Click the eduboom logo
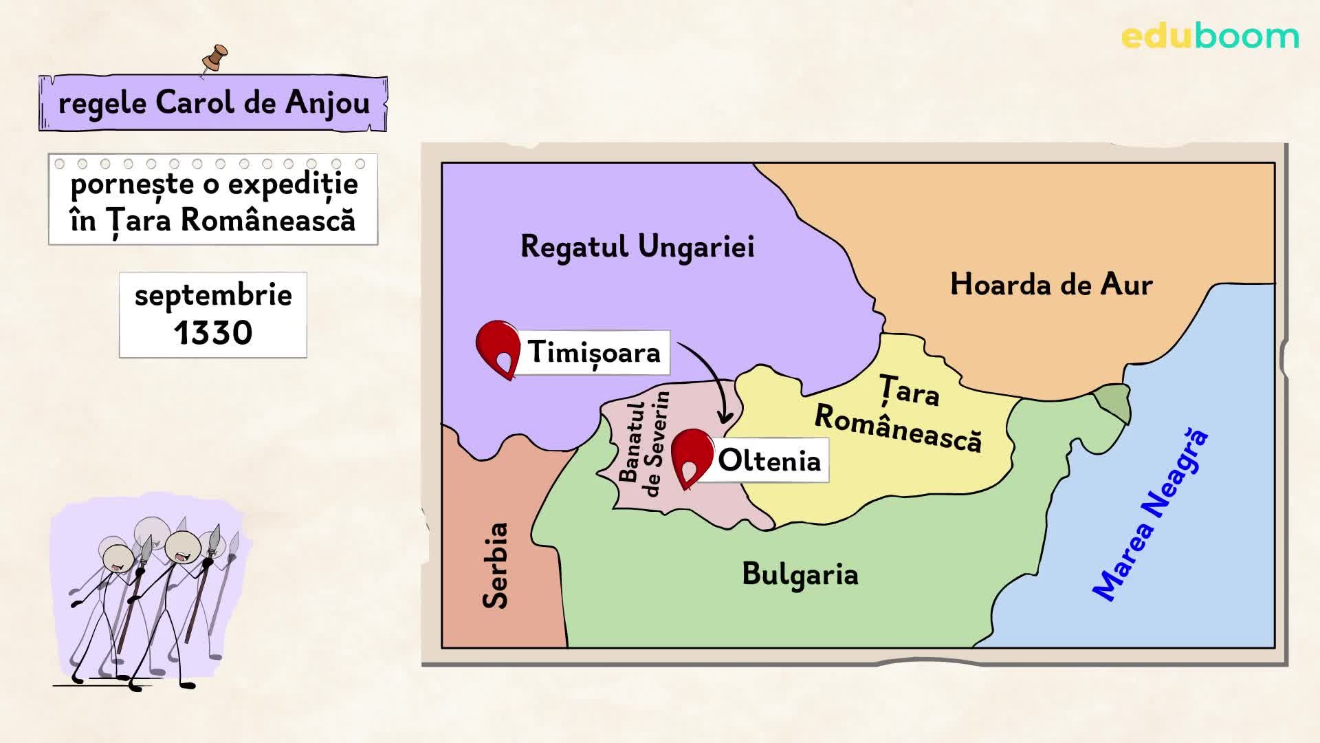1210,36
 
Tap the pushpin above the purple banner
215,59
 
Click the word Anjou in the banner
327,103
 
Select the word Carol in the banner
195,103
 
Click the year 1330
213,333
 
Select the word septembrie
213,296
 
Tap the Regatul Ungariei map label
637,247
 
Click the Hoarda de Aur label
1050,284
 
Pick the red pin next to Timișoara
498,348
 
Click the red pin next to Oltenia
692,457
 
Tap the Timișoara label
593,352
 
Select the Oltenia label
769,460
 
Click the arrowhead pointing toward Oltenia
724,417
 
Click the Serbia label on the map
495,566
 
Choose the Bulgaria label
800,574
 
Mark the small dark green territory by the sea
1112,403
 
